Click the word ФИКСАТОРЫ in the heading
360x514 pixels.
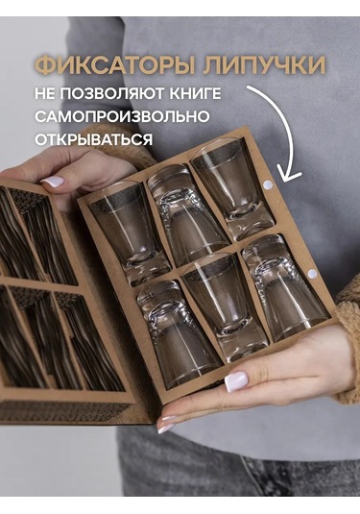coord(108,66)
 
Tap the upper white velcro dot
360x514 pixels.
coord(268,184)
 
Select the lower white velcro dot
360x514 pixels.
coord(313,274)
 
